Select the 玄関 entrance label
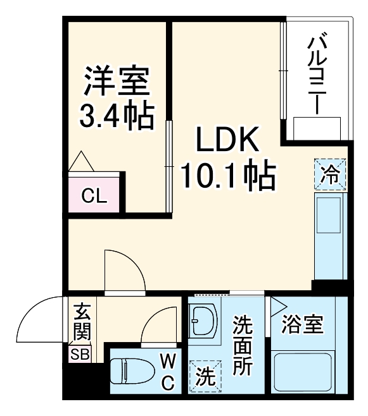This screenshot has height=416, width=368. (x=82, y=321)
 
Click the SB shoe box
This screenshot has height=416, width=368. (x=80, y=353)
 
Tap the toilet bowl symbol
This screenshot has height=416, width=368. (x=129, y=370)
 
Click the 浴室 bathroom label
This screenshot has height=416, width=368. (x=303, y=325)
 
